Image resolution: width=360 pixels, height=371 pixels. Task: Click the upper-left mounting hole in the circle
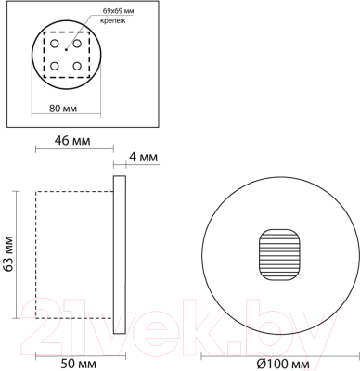pyautogui.click(x=54, y=43)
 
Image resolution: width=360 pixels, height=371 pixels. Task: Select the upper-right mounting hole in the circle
pyautogui.click(x=77, y=43)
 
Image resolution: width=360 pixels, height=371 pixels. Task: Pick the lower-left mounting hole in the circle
pyautogui.click(x=54, y=66)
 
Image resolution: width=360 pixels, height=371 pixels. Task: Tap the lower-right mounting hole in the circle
pyautogui.click(x=77, y=66)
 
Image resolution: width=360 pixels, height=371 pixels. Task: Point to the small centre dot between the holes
pyautogui.click(x=66, y=55)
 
